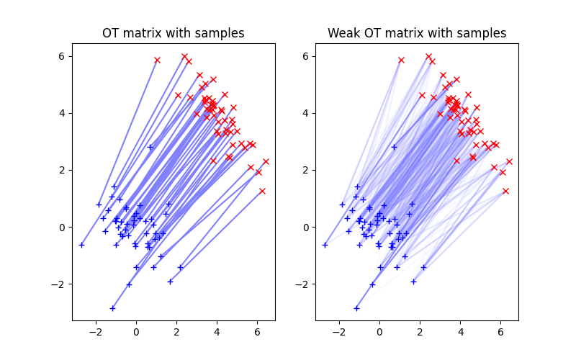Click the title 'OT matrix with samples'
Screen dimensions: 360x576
[x=173, y=33]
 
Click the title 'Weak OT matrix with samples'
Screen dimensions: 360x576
[x=417, y=33]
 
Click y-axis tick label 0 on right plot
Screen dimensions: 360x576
[x=307, y=228]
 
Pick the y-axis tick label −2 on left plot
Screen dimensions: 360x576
[x=59, y=284]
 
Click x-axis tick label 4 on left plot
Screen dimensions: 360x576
[x=217, y=333]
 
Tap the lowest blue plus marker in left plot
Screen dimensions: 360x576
[x=112, y=308]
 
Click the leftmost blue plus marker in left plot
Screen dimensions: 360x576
[x=81, y=245]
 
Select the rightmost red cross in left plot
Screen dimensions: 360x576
[x=266, y=161]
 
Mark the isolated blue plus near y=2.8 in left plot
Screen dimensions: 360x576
[x=150, y=147]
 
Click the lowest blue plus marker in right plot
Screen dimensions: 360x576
[x=356, y=308]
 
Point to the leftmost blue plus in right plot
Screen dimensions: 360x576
[x=325, y=245]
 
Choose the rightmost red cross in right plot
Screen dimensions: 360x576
[x=509, y=161]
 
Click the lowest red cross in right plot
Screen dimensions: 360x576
[x=505, y=191]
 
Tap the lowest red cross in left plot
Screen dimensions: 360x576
[x=262, y=191]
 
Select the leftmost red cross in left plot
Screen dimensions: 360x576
[x=157, y=60]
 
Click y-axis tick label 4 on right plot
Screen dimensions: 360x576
[x=307, y=113]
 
